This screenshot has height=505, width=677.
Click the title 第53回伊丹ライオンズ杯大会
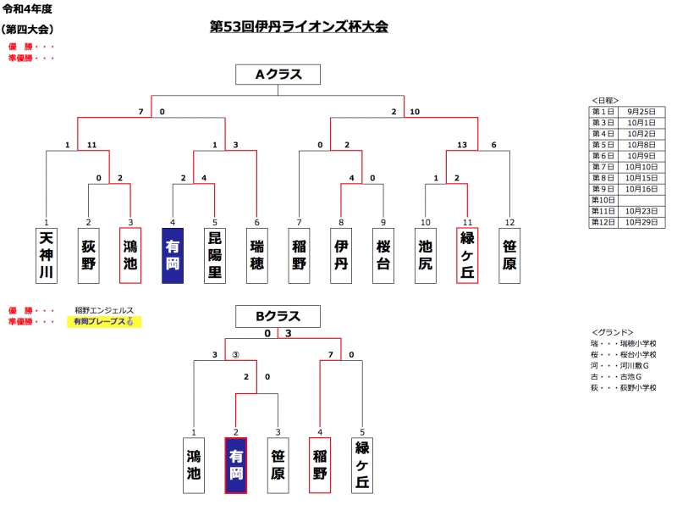[299, 26]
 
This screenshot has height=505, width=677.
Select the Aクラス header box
[278, 75]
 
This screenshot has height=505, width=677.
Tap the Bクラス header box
[278, 316]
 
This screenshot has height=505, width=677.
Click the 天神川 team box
[47, 255]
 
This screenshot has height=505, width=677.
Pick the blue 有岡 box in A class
[173, 255]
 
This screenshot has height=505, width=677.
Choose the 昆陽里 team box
[215, 255]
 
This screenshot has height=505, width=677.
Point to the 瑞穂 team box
[257, 255]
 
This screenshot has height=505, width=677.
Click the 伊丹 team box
[341, 255]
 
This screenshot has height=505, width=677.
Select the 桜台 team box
[383, 255]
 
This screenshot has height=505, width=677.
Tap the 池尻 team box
[426, 255]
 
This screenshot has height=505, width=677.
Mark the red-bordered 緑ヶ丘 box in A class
[467, 255]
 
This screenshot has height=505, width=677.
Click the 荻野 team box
[89, 255]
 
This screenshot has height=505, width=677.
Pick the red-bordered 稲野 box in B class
[320, 464]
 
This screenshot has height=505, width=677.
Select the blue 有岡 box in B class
[236, 464]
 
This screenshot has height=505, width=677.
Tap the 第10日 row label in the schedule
[603, 200]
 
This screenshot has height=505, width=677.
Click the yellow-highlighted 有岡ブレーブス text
[104, 322]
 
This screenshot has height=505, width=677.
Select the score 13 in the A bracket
[462, 146]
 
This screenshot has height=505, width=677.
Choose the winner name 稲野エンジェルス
[104, 311]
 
